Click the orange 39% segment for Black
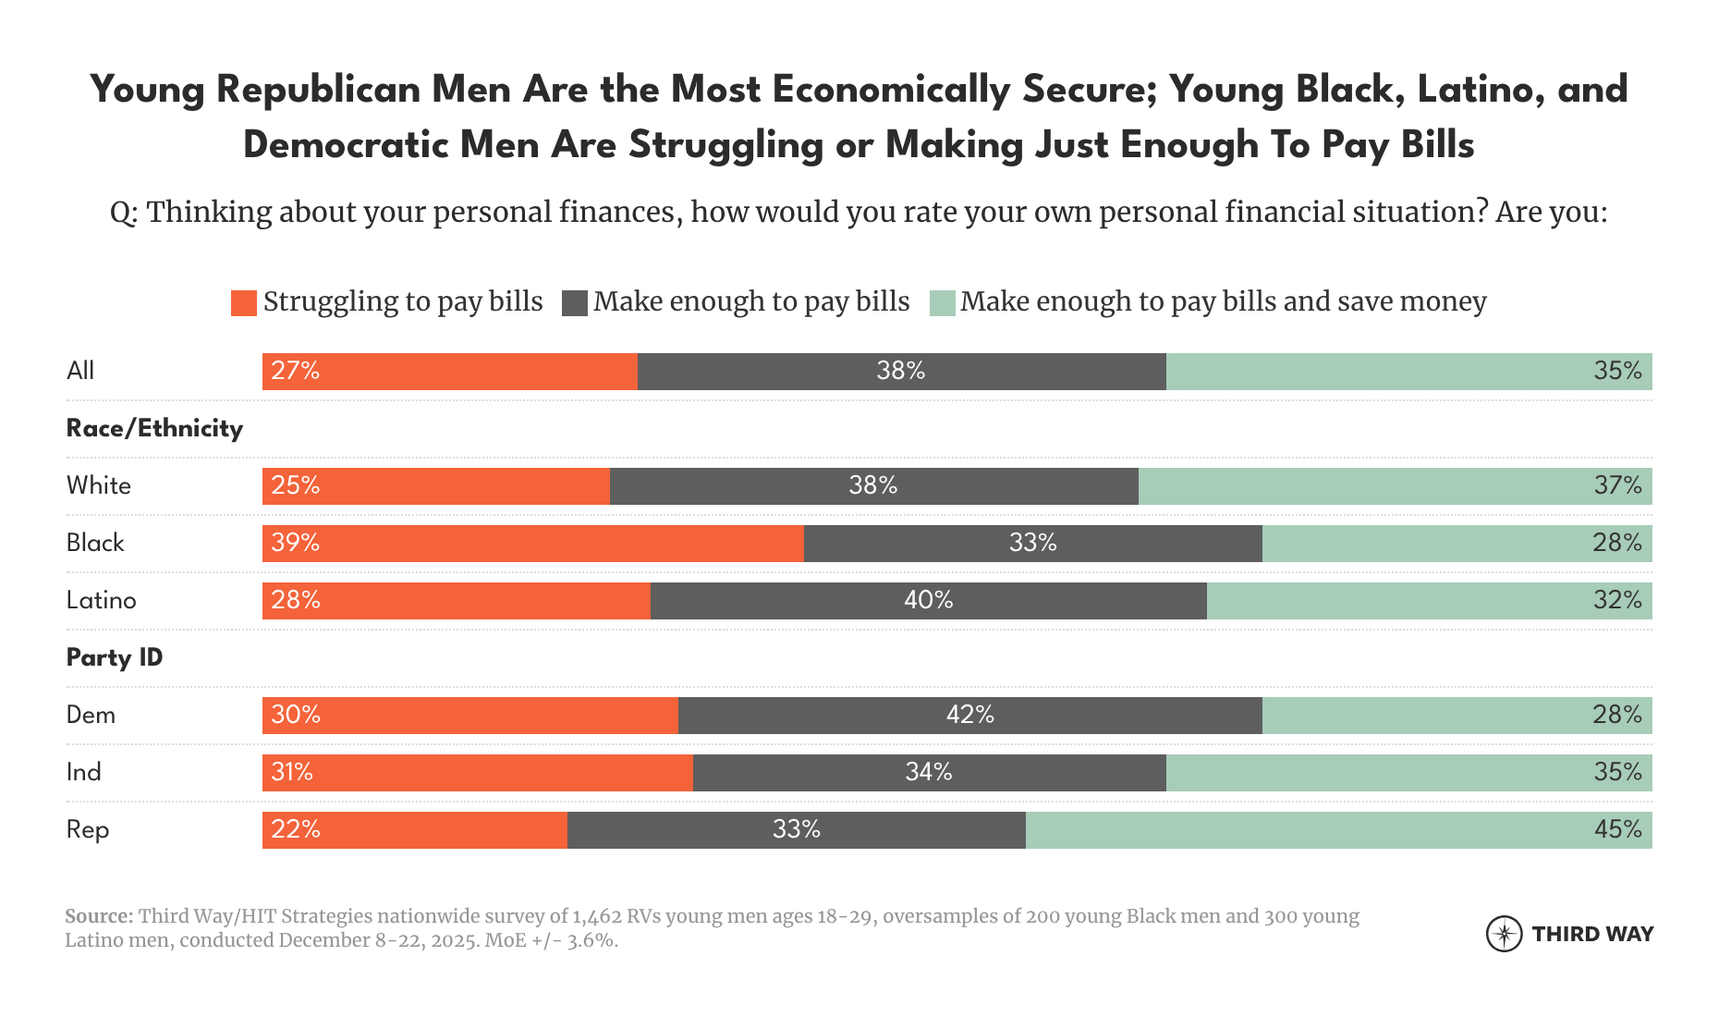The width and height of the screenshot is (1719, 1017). (x=532, y=544)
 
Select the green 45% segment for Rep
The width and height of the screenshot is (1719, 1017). (x=1338, y=830)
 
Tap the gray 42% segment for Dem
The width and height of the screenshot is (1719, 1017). (x=969, y=716)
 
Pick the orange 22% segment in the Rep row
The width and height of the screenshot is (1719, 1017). (x=414, y=830)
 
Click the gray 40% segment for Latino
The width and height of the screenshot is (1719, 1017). (x=928, y=601)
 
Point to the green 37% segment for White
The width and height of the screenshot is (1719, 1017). (x=1395, y=486)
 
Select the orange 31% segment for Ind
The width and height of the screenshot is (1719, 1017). (x=477, y=773)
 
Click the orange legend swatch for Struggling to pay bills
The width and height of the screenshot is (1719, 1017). (x=243, y=303)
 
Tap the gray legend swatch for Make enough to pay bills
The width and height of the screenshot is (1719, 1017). (x=574, y=303)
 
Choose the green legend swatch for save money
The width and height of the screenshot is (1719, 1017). (x=942, y=303)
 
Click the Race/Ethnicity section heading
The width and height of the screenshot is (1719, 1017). (x=154, y=429)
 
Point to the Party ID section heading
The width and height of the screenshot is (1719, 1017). (x=115, y=658)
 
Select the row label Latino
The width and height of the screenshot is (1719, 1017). (x=101, y=601)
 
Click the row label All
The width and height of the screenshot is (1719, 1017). (x=80, y=372)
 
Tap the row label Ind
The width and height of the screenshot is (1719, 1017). (x=83, y=773)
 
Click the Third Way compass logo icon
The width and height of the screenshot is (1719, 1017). (x=1504, y=934)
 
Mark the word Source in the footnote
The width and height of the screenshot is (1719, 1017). (x=98, y=917)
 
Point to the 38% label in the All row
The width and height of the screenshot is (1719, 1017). (x=900, y=372)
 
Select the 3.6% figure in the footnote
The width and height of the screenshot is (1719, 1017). (x=591, y=941)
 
